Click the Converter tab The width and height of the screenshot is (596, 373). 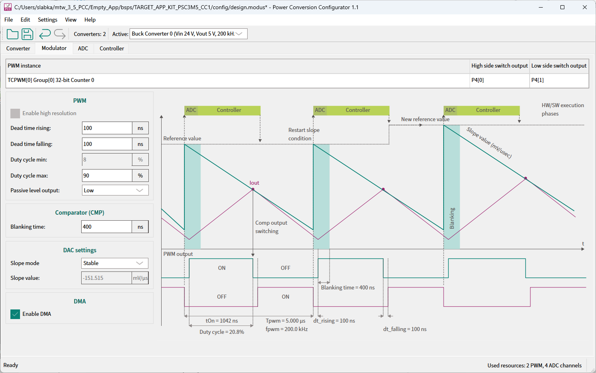[18, 48]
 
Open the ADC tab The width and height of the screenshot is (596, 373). [83, 48]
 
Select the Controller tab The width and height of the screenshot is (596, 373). [112, 48]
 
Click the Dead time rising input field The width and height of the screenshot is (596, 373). [107, 128]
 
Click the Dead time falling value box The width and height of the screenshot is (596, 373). [107, 144]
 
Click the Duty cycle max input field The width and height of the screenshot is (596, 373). [107, 176]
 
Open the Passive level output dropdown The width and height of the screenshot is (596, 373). [115, 190]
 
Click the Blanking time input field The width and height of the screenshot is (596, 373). [106, 227]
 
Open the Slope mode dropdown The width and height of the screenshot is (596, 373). [114, 263]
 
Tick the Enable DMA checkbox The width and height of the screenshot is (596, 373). [15, 314]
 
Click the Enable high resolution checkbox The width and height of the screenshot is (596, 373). [15, 113]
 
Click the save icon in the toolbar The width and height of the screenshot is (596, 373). [27, 34]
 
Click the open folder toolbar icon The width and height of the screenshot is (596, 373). [12, 34]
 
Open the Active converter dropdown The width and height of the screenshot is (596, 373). [188, 34]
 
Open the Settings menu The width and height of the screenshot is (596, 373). [47, 20]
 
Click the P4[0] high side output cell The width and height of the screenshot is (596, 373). [499, 80]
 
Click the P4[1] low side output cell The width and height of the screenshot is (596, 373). [559, 80]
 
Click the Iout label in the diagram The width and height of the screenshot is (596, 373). [254, 183]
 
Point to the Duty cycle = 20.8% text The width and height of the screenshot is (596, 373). [222, 332]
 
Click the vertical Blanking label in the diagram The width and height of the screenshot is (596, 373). [452, 218]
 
